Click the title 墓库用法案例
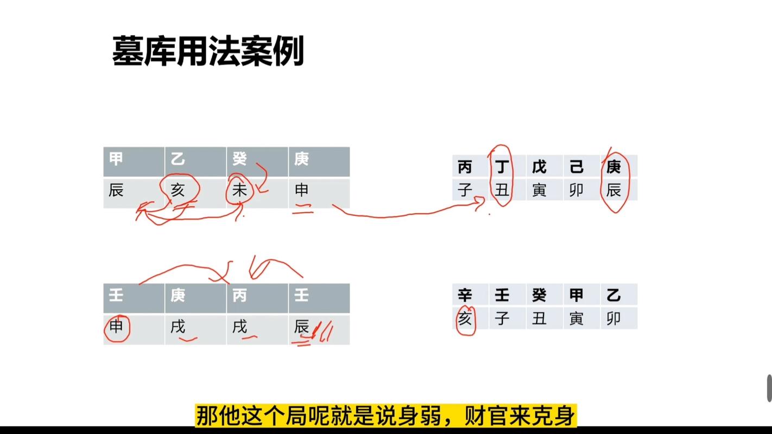208,51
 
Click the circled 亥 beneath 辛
465,318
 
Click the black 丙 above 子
465,167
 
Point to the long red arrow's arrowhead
481,202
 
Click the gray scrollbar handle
769,388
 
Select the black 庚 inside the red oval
613,167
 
